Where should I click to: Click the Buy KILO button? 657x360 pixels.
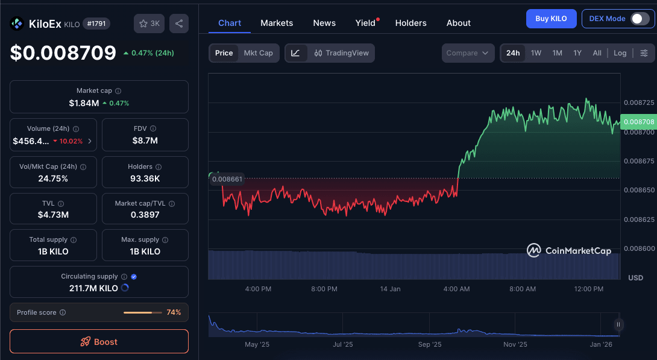coord(551,19)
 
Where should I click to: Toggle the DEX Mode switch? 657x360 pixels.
coord(639,19)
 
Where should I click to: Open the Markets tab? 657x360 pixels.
coord(277,23)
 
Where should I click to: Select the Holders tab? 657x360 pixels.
coord(410,23)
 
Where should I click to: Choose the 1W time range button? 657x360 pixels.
coord(536,53)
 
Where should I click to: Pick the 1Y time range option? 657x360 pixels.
coord(577,53)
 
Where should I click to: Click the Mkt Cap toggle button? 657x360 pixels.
coord(258,53)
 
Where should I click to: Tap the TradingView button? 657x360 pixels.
coord(341,53)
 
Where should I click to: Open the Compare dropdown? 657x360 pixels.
coord(467,53)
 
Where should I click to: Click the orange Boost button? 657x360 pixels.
coord(99,341)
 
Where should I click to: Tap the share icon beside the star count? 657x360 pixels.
coord(179,24)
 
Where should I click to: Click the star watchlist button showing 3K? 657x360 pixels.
coord(149,24)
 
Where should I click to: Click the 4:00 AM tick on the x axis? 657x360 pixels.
coord(456,289)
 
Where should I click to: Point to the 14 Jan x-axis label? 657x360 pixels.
coord(391,289)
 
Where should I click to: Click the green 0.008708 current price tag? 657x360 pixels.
coord(639,122)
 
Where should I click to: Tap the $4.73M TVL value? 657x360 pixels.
coord(53,215)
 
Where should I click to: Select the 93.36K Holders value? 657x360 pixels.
coord(145,178)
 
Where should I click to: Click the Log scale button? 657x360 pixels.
coord(620,53)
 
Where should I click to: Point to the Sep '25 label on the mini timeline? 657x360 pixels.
coord(429,344)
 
